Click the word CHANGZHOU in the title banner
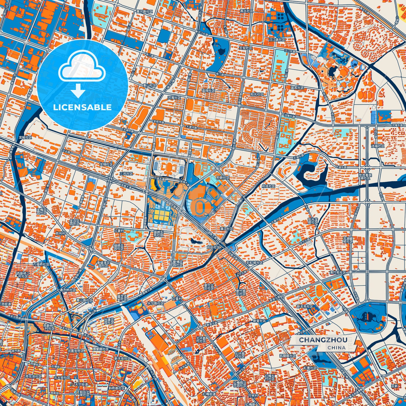click(x=323, y=340)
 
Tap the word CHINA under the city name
click(x=336, y=348)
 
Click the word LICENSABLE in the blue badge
click(x=82, y=107)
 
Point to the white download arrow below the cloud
click(x=78, y=90)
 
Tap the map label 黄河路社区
click(x=144, y=12)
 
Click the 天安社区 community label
click(x=246, y=48)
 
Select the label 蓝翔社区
click(x=208, y=91)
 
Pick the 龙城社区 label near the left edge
click(x=25, y=137)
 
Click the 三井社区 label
click(x=126, y=174)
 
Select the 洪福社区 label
click(x=378, y=146)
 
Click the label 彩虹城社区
click(x=254, y=262)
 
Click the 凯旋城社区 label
click(x=287, y=356)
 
